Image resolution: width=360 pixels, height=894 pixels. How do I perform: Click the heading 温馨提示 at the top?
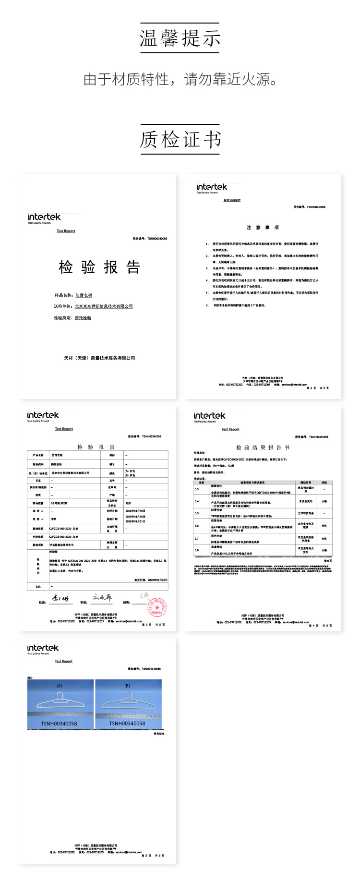coord(180,38)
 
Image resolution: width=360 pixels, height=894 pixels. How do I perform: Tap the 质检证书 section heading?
coord(180,140)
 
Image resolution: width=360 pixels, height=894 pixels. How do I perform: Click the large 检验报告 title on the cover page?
coord(99,267)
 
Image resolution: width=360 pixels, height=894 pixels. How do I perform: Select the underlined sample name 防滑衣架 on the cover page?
coord(84,295)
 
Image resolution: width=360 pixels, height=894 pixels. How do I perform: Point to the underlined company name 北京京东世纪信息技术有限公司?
coord(104,306)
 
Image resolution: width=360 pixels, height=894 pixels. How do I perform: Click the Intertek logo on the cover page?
coord(45,217)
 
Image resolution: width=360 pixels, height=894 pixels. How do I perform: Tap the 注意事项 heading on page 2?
coord(263,228)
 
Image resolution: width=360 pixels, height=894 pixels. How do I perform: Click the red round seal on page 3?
coord(156,606)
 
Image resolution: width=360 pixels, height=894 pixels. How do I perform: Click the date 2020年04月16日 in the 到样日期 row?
coord(135,511)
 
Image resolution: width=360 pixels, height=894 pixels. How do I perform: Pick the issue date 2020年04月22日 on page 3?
coord(157,580)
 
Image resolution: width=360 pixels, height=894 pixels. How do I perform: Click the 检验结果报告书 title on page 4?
coord(263,447)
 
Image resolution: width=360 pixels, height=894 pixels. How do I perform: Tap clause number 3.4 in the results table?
coord(197,501)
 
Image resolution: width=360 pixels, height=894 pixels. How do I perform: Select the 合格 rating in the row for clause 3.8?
coord(324,550)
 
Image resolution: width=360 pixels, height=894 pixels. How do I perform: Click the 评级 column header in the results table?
coord(324,483)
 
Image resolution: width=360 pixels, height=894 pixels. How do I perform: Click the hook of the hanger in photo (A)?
coord(60,695)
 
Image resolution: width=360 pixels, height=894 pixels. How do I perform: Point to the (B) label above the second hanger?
coord(127,686)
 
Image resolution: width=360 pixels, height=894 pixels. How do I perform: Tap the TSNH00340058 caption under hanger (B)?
coord(127,724)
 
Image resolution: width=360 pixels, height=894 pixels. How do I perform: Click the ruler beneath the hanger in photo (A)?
coord(60,713)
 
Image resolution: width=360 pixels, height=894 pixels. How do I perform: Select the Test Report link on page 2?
coord(232,200)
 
